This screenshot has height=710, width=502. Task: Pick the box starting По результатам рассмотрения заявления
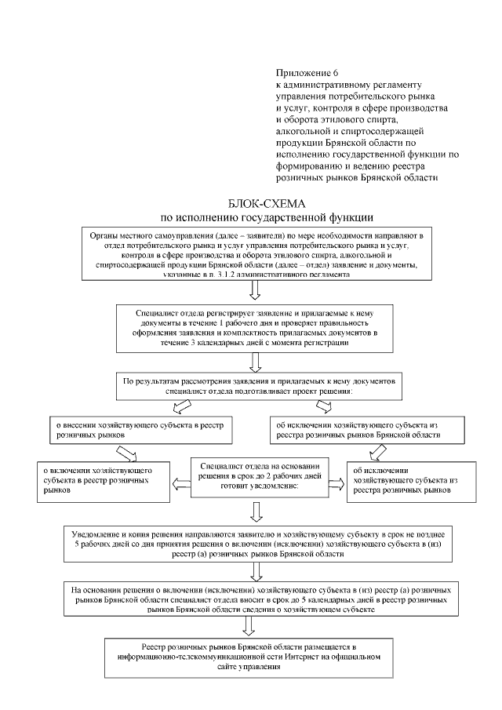click(x=256, y=385)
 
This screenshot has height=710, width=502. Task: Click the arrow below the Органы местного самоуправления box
click(x=255, y=292)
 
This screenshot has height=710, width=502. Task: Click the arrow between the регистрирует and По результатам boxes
click(x=255, y=362)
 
